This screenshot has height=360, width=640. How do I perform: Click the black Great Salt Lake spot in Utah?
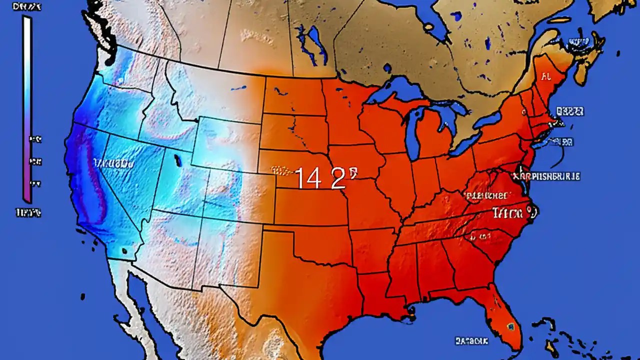(177, 160)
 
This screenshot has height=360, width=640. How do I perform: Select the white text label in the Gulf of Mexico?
(471, 341)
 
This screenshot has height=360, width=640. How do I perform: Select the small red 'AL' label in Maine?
(545, 77)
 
